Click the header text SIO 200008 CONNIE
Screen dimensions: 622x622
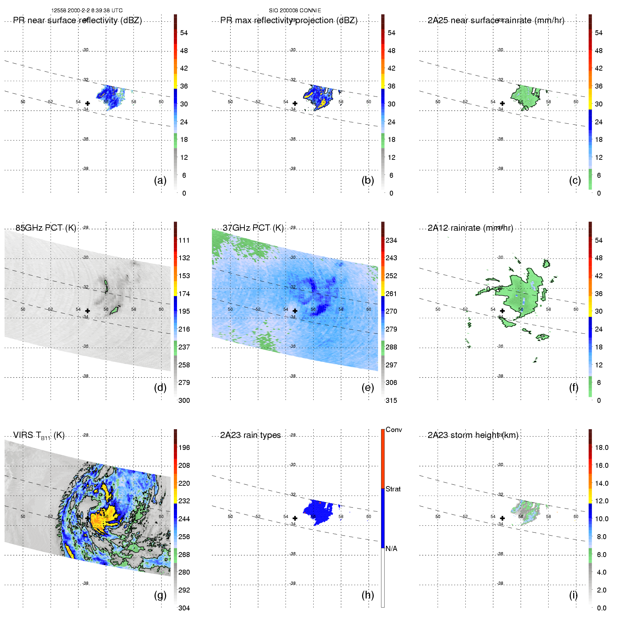(x=295, y=11)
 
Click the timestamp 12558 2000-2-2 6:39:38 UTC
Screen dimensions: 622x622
(x=87, y=11)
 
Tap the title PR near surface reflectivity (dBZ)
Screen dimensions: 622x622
(x=77, y=20)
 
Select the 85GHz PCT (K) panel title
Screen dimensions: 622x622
(x=46, y=228)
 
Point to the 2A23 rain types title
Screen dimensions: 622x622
(x=250, y=435)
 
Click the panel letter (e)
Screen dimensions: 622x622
(x=367, y=387)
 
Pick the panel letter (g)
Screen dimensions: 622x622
(x=160, y=595)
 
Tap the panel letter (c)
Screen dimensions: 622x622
(x=575, y=180)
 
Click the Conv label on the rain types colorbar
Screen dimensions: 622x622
(x=393, y=430)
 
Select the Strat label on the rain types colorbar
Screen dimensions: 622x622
(x=393, y=489)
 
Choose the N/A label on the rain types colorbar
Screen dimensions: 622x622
(x=391, y=549)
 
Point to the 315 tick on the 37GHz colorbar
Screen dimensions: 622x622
(x=391, y=400)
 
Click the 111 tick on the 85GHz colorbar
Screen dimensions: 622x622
(x=184, y=240)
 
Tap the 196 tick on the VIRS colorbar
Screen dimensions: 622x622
(x=184, y=447)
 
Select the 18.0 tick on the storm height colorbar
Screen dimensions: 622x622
(x=602, y=447)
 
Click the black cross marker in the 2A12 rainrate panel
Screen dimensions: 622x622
(x=502, y=311)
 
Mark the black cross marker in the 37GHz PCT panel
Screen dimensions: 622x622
(x=295, y=311)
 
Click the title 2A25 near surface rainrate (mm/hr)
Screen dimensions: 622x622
(x=496, y=20)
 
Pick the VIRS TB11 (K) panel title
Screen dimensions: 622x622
(x=39, y=435)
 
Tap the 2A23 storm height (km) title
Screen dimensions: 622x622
(x=473, y=435)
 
